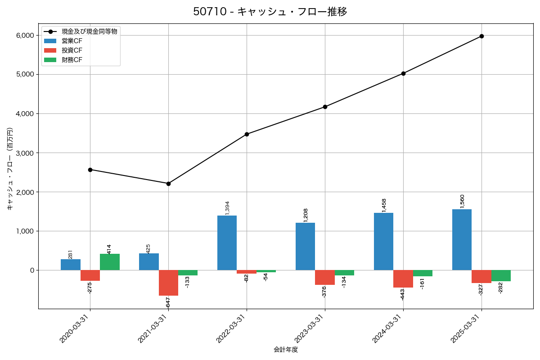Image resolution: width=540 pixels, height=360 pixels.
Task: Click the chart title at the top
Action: [x=270, y=12]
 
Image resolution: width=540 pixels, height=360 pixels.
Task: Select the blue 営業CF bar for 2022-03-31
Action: [x=227, y=243]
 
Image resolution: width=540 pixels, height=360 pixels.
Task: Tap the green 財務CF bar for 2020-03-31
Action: [x=110, y=262]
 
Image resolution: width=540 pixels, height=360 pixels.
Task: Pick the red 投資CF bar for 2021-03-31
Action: [x=168, y=283]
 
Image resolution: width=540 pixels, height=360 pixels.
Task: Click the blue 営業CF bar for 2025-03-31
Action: [x=462, y=239]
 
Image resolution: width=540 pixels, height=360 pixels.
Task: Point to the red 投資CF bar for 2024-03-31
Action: [x=403, y=279]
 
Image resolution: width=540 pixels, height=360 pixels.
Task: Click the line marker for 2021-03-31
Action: [x=168, y=184]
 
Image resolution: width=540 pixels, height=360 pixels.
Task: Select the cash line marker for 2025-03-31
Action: [x=481, y=36]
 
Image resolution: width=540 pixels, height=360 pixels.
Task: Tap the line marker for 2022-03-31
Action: [x=247, y=134]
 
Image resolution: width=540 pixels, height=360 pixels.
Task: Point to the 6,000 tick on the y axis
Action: [x=25, y=36]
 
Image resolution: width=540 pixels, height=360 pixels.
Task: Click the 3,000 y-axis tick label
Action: [x=25, y=153]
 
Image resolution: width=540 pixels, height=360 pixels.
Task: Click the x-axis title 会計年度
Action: [x=286, y=350]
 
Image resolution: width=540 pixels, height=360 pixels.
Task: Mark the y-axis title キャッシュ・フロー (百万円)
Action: [x=10, y=169]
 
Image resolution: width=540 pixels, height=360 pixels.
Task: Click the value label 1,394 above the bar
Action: [x=227, y=208]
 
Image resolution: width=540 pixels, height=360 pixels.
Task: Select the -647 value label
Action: [x=168, y=302]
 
